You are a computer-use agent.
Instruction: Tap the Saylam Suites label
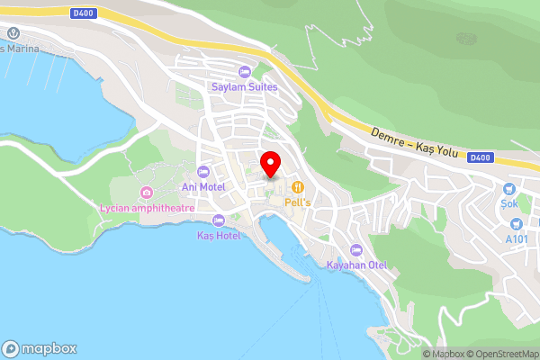tap(244, 87)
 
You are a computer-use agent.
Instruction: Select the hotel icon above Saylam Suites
tap(244, 72)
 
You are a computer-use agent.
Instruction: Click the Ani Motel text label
tap(202, 186)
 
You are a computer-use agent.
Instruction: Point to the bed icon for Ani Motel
tap(202, 171)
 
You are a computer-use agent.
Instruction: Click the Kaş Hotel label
tap(218, 235)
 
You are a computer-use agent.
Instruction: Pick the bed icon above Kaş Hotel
tap(218, 220)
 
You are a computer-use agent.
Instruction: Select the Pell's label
tap(298, 202)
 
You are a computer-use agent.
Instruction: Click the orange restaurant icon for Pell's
tap(298, 187)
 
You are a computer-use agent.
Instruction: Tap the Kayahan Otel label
tap(356, 265)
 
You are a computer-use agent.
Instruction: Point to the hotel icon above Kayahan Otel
tap(356, 249)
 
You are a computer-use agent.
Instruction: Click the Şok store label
tap(510, 203)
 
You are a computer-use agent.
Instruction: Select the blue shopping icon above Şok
tap(510, 189)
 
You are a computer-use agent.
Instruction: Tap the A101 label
tap(517, 239)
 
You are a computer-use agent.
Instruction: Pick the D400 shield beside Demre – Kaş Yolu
tap(480, 158)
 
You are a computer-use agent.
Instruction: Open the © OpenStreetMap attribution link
tap(500, 355)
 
